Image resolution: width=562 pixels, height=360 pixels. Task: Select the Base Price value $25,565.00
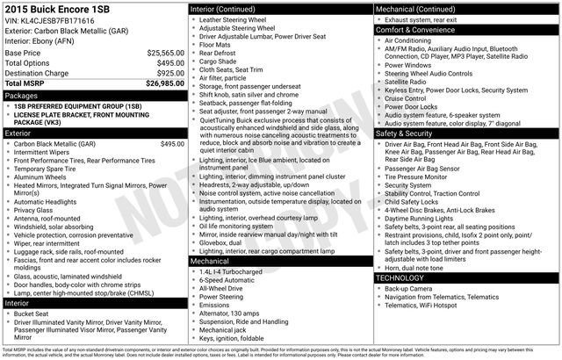pyautogui.click(x=165, y=53)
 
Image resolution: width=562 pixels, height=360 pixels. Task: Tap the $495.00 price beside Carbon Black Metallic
pyautogui.click(x=171, y=143)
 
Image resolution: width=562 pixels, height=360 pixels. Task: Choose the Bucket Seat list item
pyautogui.click(x=32, y=313)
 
